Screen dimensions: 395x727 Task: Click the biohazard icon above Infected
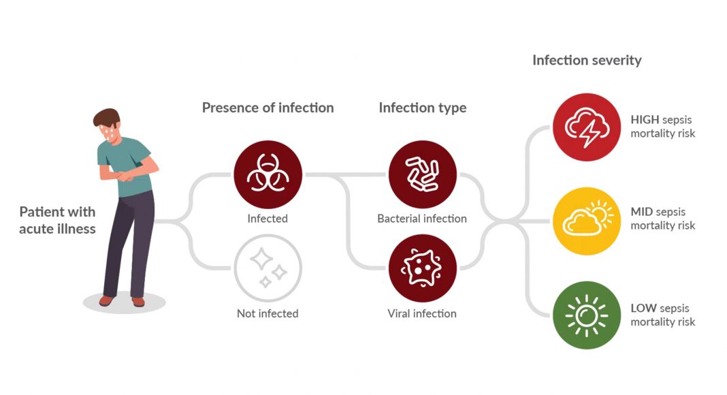(268, 174)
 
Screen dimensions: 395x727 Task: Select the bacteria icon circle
(422, 174)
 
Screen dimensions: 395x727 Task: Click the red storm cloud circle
(586, 127)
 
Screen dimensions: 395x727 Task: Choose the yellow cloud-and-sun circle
(586, 221)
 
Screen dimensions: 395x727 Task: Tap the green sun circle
(586, 315)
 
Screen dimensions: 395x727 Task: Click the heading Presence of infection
(268, 108)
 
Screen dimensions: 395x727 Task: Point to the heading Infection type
(422, 108)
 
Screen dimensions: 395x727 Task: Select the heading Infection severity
(586, 61)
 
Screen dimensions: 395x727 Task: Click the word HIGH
(645, 120)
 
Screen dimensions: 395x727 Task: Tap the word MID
(642, 212)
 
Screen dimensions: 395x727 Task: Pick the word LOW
(643, 309)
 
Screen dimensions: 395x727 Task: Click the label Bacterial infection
(422, 219)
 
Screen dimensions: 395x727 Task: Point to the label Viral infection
(422, 314)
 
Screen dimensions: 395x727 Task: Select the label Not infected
(268, 314)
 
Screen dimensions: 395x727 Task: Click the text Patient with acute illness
(57, 220)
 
